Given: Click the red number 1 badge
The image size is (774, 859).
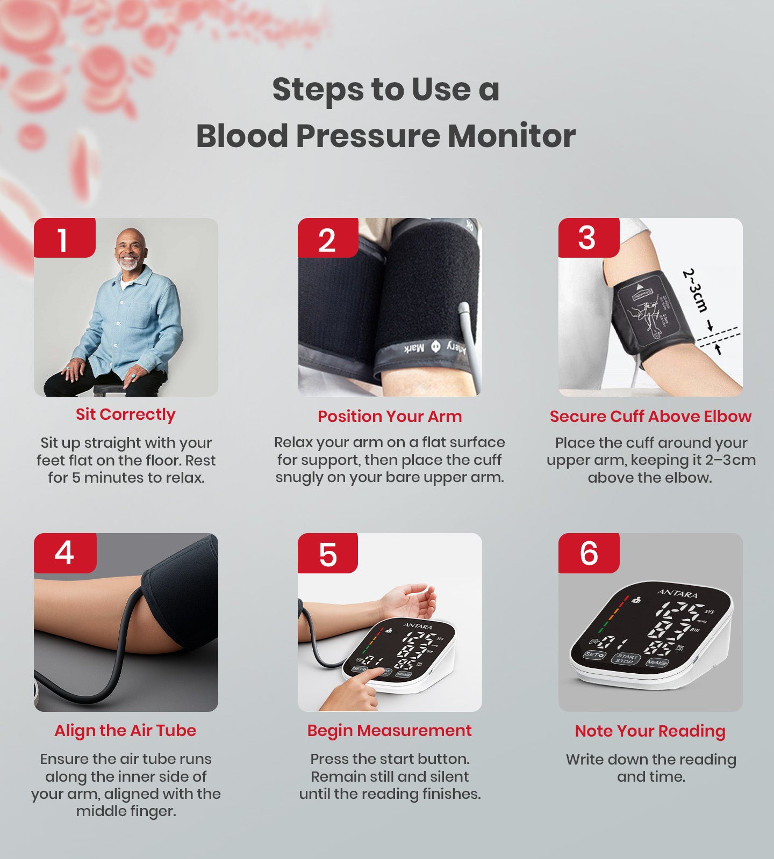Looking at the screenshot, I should (64, 238).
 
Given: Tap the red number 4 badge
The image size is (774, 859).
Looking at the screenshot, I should (64, 553).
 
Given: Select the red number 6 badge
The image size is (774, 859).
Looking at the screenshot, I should (589, 553).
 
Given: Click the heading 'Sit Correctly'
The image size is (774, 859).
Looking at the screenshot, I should (125, 414).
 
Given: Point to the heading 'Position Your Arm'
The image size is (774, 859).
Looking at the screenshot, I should (390, 416).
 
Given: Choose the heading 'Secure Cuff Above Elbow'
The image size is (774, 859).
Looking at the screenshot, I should (650, 416).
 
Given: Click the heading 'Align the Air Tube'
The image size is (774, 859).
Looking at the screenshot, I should (125, 731).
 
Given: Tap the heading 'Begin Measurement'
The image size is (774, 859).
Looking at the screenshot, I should (390, 731).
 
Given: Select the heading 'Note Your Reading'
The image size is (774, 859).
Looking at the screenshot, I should (650, 731).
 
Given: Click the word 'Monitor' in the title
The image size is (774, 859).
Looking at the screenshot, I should (512, 136).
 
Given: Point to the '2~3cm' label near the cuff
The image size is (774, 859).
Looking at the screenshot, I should (695, 290).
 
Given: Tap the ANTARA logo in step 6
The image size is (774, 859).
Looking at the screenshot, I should (678, 594).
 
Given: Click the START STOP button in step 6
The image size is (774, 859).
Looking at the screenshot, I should (626, 659).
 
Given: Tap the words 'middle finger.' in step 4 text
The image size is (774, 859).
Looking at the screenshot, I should (126, 811).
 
